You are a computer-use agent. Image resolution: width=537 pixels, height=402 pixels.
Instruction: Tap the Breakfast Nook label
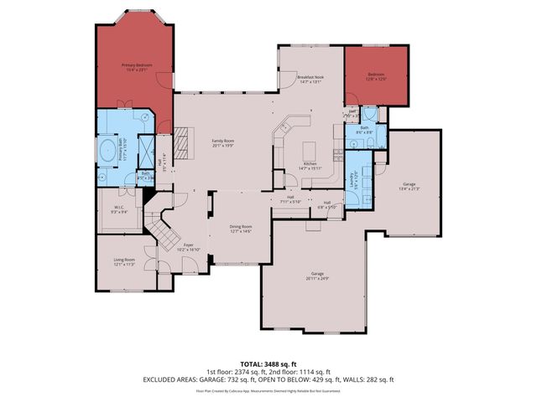(x=310, y=80)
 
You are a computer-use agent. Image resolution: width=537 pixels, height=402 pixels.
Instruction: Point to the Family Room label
(x=222, y=142)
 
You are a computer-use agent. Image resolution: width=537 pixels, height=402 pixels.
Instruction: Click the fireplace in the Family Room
(x=180, y=137)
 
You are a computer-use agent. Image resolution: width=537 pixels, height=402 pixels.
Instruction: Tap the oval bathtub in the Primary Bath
(x=107, y=153)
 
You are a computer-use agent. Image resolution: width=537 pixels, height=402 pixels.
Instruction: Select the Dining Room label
(x=241, y=229)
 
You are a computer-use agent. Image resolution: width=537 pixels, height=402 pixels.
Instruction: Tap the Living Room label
(x=125, y=262)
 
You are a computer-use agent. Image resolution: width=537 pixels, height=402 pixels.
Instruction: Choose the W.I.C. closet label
(x=118, y=210)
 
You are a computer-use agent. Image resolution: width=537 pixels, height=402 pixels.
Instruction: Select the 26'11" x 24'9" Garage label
(x=317, y=276)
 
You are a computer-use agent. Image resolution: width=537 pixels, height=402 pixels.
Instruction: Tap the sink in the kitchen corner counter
(x=284, y=128)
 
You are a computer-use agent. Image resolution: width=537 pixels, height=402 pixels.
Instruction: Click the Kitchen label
(x=309, y=166)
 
